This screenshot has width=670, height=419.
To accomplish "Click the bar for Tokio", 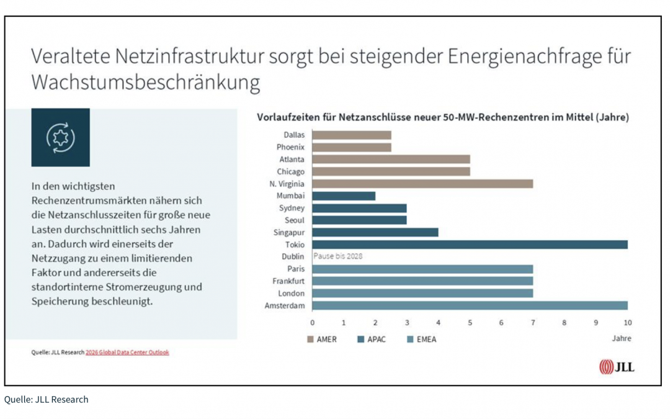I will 470,245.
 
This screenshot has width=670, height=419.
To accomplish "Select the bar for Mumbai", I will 344,196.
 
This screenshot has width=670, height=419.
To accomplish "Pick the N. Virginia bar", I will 422,184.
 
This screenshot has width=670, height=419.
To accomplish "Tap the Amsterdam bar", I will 470,305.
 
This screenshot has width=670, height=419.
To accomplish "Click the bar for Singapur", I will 375,232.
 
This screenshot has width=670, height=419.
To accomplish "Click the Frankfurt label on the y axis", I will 288,281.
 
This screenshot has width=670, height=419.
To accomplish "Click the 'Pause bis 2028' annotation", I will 338,256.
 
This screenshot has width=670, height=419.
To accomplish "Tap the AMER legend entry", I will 322,340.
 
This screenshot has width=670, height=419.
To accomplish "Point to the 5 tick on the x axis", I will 470,323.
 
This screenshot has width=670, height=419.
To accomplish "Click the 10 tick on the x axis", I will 627,323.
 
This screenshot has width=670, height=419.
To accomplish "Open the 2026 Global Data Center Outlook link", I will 127,353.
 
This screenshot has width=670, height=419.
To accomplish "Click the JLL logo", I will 617,367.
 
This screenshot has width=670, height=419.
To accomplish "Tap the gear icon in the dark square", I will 60,138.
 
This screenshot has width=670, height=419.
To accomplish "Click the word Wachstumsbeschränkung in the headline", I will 146,83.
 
